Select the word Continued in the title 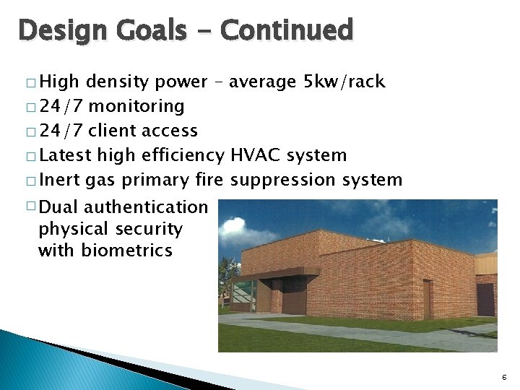[x=287, y=30]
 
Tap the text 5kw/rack [x=345, y=82]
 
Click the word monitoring [x=136, y=106]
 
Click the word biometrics [x=126, y=251]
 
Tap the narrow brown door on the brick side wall [x=428, y=299]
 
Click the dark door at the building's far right [x=485, y=300]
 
